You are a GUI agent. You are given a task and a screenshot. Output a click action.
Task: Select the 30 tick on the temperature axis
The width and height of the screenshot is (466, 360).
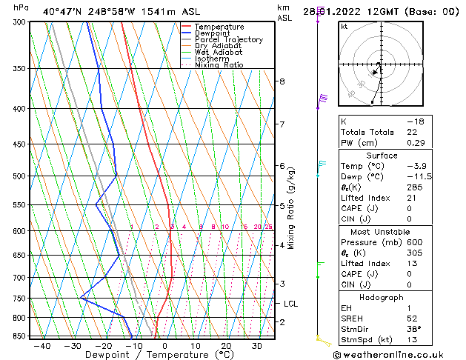tap(256, 345)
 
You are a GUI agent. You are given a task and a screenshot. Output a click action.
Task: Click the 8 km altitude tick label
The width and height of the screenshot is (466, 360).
tap(282, 81)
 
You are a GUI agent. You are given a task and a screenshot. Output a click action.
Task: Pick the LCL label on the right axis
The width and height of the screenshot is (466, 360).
tap(291, 304)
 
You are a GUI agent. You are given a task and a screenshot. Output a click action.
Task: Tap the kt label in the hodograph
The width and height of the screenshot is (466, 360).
tap(344, 27)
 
